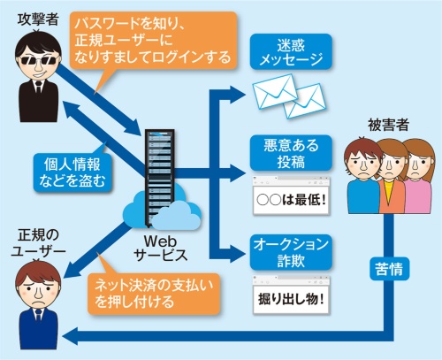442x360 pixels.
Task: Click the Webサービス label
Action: click(162, 248)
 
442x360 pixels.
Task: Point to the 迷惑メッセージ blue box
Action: click(290, 50)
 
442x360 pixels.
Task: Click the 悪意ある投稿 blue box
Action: click(290, 152)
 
